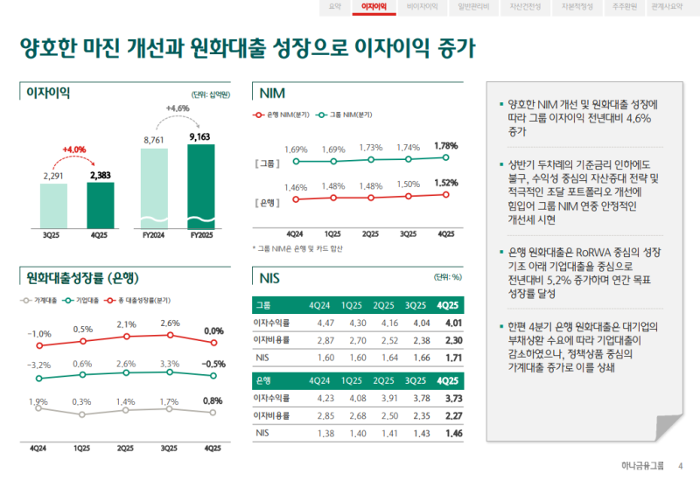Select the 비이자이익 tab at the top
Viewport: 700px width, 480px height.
[x=422, y=6]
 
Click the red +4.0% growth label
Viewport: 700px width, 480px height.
[x=74, y=150]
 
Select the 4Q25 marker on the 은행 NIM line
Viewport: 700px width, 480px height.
[x=445, y=194]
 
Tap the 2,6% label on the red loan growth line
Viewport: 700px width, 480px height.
[x=171, y=323]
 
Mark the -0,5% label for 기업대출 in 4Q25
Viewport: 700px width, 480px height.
[x=213, y=364]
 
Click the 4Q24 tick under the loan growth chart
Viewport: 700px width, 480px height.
[x=38, y=448]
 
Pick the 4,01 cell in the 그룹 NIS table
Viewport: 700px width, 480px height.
[x=446, y=323]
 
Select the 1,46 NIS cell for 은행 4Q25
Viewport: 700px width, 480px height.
[x=446, y=434]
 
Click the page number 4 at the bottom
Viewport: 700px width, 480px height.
[x=681, y=465]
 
